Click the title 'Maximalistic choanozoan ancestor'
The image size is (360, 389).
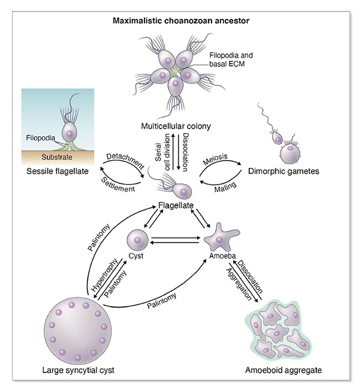click(180, 22)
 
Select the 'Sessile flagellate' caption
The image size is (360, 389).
click(58, 171)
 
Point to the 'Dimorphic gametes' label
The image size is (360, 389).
click(284, 171)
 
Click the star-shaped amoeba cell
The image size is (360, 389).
click(220, 240)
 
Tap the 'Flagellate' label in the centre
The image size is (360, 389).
click(176, 206)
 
